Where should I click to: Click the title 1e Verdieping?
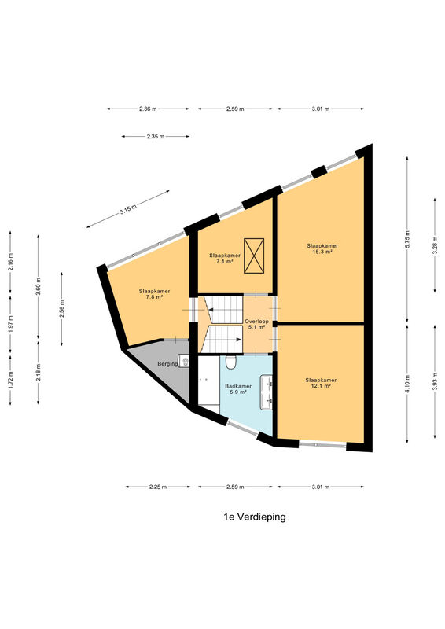255,517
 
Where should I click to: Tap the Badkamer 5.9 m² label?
238,389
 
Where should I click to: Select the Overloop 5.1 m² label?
256,324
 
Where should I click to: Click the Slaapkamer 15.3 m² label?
322,248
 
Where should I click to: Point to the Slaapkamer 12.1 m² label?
321,383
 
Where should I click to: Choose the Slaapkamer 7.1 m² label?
225,258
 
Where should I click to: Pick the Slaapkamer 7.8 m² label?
154,294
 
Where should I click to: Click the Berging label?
167,364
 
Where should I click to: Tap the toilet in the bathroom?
230,362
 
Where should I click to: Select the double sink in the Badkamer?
267,392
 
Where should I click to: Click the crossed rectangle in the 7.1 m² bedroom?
254,256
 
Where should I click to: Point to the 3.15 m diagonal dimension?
127,209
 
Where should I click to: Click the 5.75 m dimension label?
407,240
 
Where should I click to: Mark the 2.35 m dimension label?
156,136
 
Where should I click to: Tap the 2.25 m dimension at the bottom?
158,487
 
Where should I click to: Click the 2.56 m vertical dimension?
62,309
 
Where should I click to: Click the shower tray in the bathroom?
208,381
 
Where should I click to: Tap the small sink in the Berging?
184,361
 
